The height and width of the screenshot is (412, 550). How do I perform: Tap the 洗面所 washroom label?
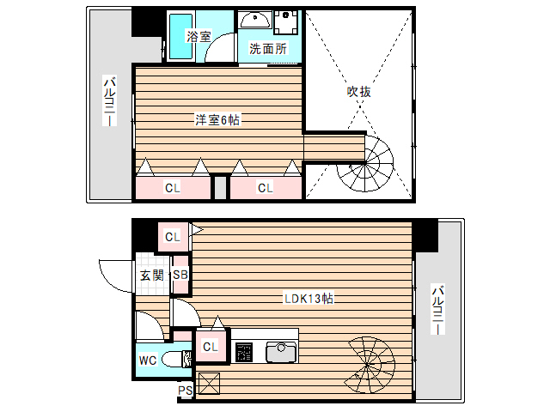(x=267, y=49)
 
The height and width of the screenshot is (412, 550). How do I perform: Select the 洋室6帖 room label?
(x=217, y=120)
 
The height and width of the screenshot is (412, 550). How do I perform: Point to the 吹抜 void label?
(x=358, y=91)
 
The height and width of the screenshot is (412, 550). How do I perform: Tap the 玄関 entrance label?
(x=152, y=276)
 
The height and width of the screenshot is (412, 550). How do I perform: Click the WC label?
(x=148, y=360)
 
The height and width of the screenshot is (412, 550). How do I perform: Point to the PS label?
(x=185, y=391)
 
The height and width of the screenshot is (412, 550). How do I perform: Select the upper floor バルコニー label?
(x=110, y=102)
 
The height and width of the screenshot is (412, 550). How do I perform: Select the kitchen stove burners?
(x=244, y=352)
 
